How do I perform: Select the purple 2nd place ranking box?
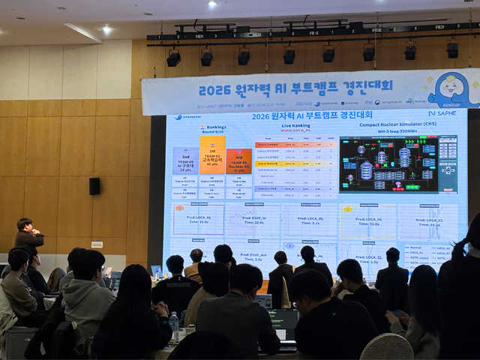(185, 160)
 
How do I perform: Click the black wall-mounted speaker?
(94, 186)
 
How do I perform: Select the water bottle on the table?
(174, 325)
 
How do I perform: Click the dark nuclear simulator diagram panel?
(397, 163)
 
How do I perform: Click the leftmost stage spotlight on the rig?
(174, 58)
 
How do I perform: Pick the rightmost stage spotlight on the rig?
(452, 50)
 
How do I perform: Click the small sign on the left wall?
(97, 244)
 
